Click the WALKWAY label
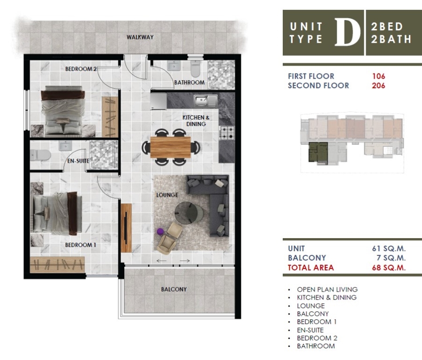pyautogui.click(x=140, y=37)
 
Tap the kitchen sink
pyautogui.click(x=205, y=101)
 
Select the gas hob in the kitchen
pyautogui.click(x=226, y=133)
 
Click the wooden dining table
pyautogui.click(x=170, y=147)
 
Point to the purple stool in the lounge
pyautogui.click(x=160, y=232)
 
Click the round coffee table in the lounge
pyautogui.click(x=189, y=212)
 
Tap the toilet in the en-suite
pyautogui.click(x=40, y=155)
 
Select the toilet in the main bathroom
pyautogui.click(x=196, y=68)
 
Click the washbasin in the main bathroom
pyautogui.click(x=174, y=66)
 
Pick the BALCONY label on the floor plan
pyautogui.click(x=174, y=289)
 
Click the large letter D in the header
pyautogui.click(x=347, y=32)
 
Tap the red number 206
pyautogui.click(x=378, y=86)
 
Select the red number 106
pyautogui.click(x=378, y=76)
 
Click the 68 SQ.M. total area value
pyautogui.click(x=389, y=268)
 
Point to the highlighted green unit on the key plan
pyautogui.click(x=318, y=152)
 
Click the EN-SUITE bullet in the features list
pyautogui.click(x=310, y=330)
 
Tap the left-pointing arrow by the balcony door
pyautogui.click(x=161, y=261)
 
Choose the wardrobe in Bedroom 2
pyautogui.click(x=110, y=117)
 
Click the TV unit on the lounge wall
pyautogui.click(x=126, y=228)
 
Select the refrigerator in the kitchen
pyautogui.click(x=158, y=101)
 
